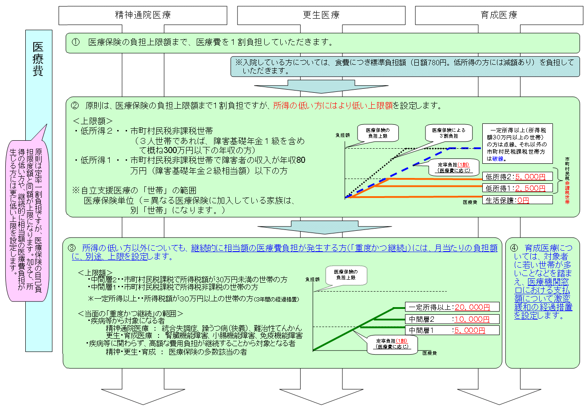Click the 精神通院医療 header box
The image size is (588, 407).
click(143, 16)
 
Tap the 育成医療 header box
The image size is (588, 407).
click(499, 16)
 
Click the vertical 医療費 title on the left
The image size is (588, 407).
click(39, 60)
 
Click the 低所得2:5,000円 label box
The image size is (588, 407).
click(517, 176)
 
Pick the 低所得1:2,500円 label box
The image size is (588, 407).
click(517, 188)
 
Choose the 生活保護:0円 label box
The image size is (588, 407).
click(517, 200)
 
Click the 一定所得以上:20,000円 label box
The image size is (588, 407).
click(452, 307)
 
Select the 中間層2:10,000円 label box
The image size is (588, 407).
click(452, 319)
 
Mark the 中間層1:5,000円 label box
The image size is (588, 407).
click(452, 330)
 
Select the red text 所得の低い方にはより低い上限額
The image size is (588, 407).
click(333, 106)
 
